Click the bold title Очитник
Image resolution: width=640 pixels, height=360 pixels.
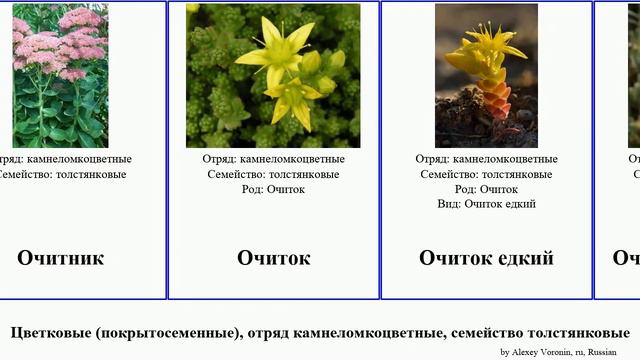pyautogui.click(x=60, y=258)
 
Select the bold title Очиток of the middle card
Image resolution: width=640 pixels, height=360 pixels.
pyautogui.click(x=273, y=258)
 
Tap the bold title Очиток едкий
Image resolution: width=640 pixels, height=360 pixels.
pyautogui.click(x=486, y=258)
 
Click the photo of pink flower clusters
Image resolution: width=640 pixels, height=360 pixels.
pyautogui.click(x=60, y=76)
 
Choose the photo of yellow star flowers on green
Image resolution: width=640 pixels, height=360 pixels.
pyautogui.click(x=273, y=76)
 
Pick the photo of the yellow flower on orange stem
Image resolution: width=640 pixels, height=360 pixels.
pyautogui.click(x=486, y=76)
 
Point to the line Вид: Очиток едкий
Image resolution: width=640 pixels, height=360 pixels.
pyautogui.click(x=486, y=204)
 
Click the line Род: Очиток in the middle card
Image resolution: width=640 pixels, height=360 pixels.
pyautogui.click(x=273, y=189)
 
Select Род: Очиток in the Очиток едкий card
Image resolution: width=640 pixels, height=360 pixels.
pyautogui.click(x=486, y=189)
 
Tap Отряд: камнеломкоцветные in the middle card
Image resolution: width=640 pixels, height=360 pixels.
pyautogui.click(x=273, y=159)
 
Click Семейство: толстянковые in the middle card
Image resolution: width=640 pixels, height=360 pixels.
pyautogui.click(x=273, y=174)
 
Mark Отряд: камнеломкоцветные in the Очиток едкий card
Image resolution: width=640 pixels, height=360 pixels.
pyautogui.click(x=486, y=159)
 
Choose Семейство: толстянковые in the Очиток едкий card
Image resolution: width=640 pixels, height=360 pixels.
pyautogui.click(x=486, y=174)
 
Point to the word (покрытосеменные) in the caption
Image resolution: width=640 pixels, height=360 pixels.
pyautogui.click(x=169, y=333)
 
